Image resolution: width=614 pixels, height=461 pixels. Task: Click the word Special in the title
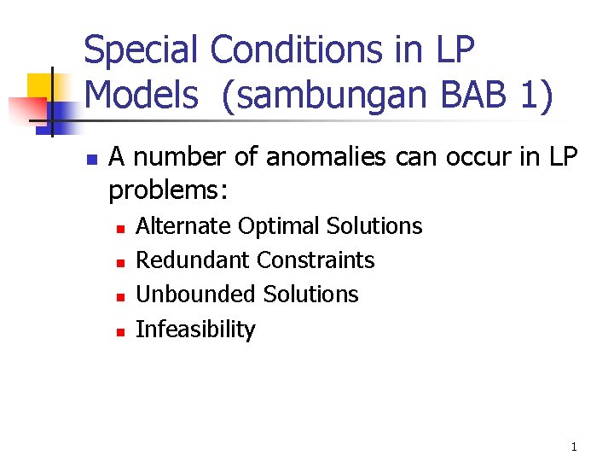pyautogui.click(x=140, y=50)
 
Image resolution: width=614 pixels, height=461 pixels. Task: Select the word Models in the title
pyautogui.click(x=142, y=95)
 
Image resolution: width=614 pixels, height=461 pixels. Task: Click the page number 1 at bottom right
pyautogui.click(x=574, y=446)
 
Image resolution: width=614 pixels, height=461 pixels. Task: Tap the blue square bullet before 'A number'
pyautogui.click(x=92, y=160)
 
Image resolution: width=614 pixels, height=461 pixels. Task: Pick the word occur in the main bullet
pyautogui.click(x=478, y=158)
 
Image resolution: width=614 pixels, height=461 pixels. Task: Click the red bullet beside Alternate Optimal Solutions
pyautogui.click(x=120, y=229)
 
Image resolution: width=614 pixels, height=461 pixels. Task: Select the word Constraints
pyautogui.click(x=316, y=260)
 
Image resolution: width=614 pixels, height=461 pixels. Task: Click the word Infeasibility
pyautogui.click(x=195, y=329)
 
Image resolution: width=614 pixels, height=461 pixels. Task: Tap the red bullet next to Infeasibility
pyautogui.click(x=120, y=332)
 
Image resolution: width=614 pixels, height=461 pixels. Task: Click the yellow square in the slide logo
pyautogui.click(x=40, y=87)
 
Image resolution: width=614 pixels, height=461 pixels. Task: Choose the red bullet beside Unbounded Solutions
pyautogui.click(x=120, y=298)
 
